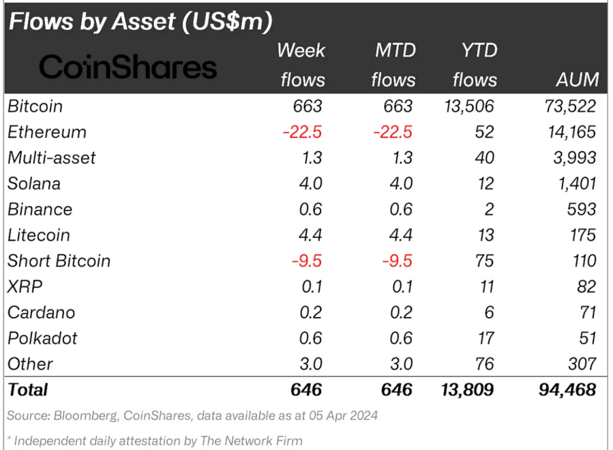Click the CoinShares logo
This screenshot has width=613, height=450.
click(128, 67)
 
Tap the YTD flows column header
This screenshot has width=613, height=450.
click(475, 65)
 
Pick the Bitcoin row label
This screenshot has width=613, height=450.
click(35, 106)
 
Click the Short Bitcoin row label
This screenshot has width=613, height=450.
click(58, 261)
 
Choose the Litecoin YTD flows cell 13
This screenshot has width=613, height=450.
click(486, 235)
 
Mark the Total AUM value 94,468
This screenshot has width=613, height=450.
click(565, 389)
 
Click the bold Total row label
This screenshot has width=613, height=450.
click(27, 389)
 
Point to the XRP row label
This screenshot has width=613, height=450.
click(25, 286)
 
